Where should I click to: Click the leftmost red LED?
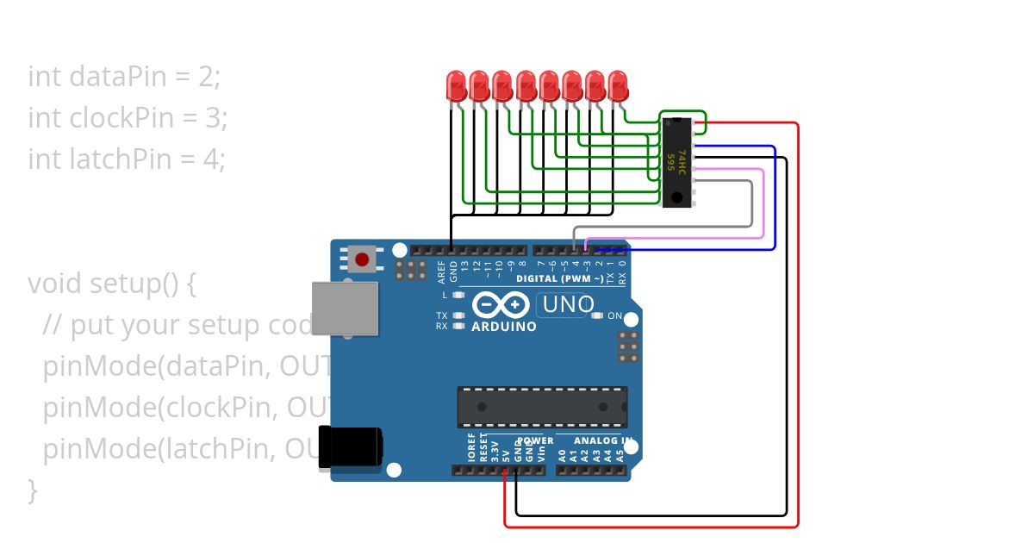(x=456, y=84)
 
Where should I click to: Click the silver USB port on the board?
(x=345, y=308)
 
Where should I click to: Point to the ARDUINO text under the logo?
(x=504, y=327)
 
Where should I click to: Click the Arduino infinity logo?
(x=501, y=305)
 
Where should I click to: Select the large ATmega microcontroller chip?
(x=542, y=407)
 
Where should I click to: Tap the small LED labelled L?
(x=458, y=295)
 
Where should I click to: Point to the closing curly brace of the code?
(x=33, y=490)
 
